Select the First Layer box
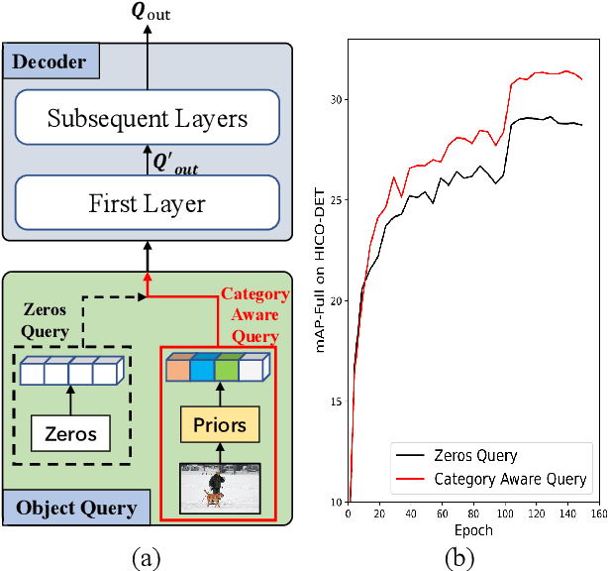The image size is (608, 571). (x=147, y=204)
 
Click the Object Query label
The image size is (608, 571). (x=76, y=509)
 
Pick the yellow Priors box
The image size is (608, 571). (x=219, y=426)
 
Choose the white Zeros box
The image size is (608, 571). (x=69, y=433)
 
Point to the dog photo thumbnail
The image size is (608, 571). (x=219, y=486)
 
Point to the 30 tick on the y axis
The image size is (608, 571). (x=337, y=99)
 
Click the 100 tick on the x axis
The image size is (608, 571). (x=506, y=513)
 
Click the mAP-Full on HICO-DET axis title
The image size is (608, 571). (x=319, y=272)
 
